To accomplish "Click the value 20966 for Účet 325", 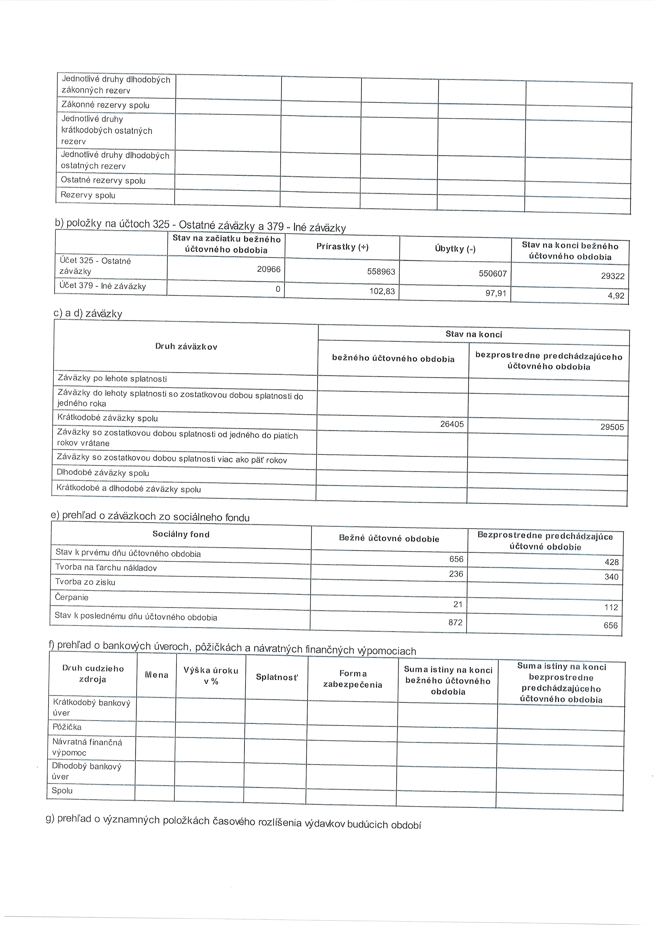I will coord(268,269).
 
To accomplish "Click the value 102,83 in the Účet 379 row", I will coord(382,291).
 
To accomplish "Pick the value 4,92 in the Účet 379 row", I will coord(616,295).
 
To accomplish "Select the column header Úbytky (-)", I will coord(455,249).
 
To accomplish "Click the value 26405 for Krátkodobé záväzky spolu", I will coord(452,424).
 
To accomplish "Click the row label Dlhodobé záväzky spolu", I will coord(103,473).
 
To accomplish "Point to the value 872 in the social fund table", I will coord(455,623).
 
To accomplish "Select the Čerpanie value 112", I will coord(611,607).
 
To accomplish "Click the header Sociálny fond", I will coord(181,534).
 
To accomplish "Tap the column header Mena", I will coord(156,675).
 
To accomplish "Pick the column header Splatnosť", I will coord(277,677).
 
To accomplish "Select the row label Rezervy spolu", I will coord(88,195).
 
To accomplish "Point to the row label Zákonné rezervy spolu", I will coord(105,105).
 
